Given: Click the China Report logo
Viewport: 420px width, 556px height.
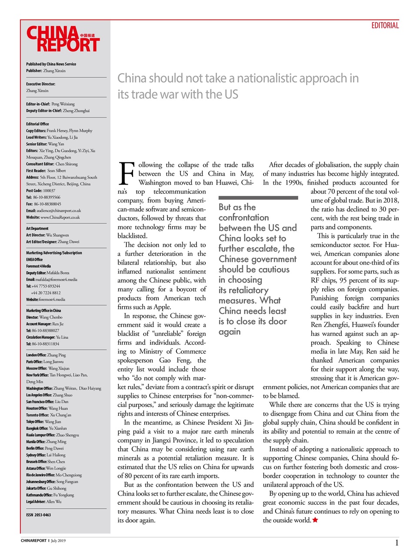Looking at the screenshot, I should pyautogui.click(x=63, y=40).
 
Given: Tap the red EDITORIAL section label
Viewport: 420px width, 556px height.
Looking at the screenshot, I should pyautogui.click(x=385, y=26).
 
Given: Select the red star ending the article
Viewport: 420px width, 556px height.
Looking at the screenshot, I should pyautogui.click(x=315, y=520).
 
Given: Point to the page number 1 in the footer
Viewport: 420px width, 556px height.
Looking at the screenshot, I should pyautogui.click(x=397, y=543).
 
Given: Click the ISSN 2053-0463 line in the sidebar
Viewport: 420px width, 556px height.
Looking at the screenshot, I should pyautogui.click(x=38, y=515).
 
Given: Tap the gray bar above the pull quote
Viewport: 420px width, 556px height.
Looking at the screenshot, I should pyautogui.click(x=258, y=198).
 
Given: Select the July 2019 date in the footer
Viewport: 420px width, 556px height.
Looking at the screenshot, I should pyautogui.click(x=58, y=541).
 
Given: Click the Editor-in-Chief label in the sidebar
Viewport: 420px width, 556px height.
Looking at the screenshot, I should pyautogui.click(x=38, y=104).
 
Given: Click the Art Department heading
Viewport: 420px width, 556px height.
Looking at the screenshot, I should pyautogui.click(x=37, y=228).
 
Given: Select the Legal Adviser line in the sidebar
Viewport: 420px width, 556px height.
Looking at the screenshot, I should pyautogui.click(x=43, y=502).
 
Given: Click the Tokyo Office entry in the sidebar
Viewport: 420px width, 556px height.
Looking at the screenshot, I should pyautogui.click(x=43, y=422).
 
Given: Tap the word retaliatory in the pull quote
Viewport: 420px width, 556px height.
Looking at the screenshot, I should pyautogui.click(x=243, y=290).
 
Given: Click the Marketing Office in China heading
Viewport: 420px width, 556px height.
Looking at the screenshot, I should pyautogui.click(x=43, y=311).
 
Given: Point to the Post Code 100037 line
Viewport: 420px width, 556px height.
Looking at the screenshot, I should pyautogui.click(x=40, y=191).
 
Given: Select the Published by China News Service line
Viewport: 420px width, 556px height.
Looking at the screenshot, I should pyautogui.click(x=51, y=64).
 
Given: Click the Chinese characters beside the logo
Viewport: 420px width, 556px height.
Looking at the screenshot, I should pyautogui.click(x=87, y=35).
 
